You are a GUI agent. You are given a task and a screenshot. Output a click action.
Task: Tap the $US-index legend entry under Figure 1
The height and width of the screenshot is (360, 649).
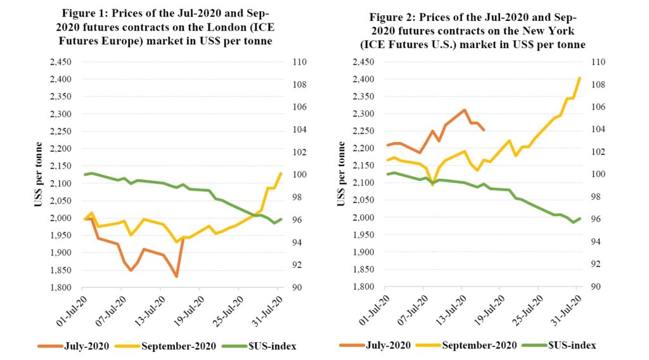click(271, 345)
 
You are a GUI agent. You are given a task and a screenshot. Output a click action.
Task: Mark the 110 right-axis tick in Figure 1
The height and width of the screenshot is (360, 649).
click(300, 62)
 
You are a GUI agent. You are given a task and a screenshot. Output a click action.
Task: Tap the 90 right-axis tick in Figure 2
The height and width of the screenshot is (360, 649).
click(597, 287)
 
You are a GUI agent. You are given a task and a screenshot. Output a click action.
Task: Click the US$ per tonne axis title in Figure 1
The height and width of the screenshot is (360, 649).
click(39, 174)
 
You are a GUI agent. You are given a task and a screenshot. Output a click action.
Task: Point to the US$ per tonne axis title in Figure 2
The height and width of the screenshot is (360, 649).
click(342, 174)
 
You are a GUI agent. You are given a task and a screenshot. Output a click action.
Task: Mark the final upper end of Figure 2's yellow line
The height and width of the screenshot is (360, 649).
click(580, 78)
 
